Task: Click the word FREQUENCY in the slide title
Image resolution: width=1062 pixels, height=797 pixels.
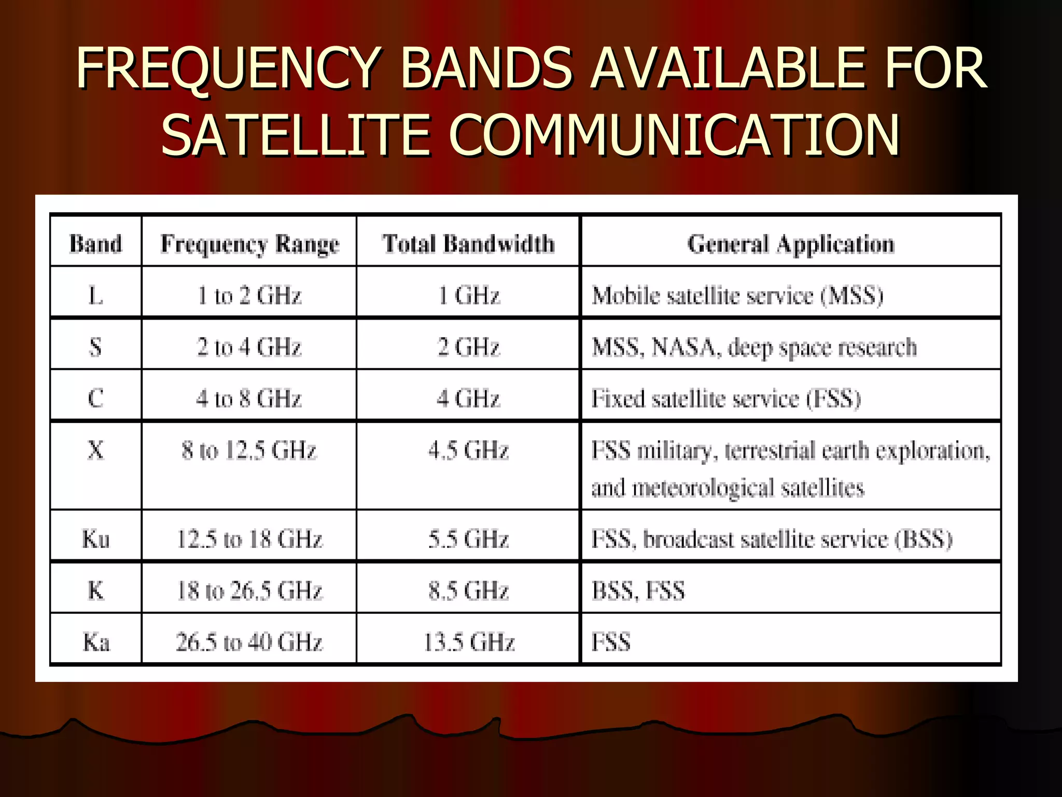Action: click(228, 68)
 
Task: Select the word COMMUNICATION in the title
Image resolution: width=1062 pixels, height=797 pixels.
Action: click(674, 136)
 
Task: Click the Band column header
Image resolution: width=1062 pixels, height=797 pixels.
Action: click(95, 244)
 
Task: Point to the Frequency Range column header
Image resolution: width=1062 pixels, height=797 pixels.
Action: click(249, 244)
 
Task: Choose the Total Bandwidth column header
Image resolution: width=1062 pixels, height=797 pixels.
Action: click(468, 244)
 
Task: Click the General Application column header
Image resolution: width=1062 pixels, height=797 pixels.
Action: click(791, 244)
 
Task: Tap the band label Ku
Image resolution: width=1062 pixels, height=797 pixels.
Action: click(95, 539)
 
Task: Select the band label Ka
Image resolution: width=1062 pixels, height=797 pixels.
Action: click(96, 642)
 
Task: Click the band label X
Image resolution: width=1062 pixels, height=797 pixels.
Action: click(95, 450)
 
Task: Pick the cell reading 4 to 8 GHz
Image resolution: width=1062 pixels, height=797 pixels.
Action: click(249, 398)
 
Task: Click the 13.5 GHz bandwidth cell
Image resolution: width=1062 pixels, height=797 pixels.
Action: click(469, 642)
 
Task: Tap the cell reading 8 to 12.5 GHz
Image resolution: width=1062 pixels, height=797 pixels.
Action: click(249, 450)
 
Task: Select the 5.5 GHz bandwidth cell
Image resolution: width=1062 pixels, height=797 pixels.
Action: click(468, 539)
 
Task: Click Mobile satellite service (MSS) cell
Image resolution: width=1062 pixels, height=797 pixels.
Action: click(737, 296)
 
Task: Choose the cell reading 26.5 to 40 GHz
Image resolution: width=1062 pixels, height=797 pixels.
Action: click(249, 642)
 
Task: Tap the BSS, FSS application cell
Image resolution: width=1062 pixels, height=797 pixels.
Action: click(638, 590)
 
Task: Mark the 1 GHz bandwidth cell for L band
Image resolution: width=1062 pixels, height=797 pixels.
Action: click(469, 296)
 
